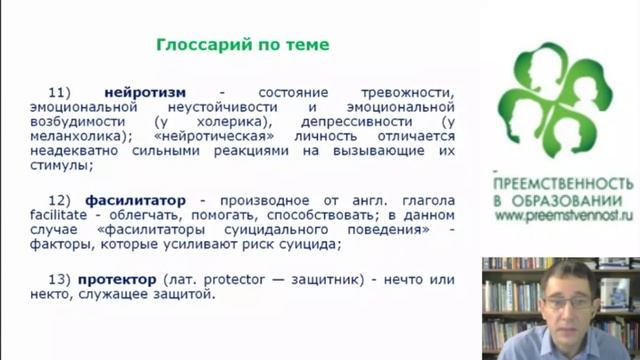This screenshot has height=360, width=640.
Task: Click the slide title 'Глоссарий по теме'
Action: (243, 45)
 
